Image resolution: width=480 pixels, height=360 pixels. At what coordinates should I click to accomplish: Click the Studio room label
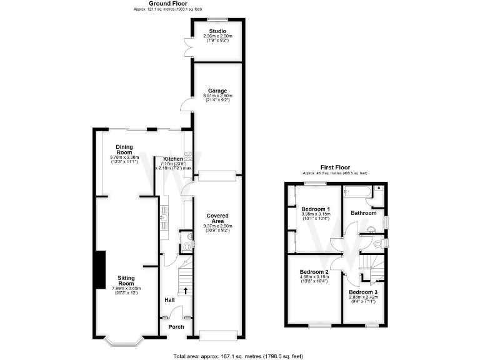(217, 31)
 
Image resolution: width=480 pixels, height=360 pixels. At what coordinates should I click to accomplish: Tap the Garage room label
(217, 91)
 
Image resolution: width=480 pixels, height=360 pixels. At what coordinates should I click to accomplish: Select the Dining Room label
(124, 149)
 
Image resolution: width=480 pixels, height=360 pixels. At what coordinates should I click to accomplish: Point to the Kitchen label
(173, 159)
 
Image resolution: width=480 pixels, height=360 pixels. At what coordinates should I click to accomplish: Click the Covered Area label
(217, 217)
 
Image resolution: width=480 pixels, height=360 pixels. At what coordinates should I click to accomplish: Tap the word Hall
(169, 301)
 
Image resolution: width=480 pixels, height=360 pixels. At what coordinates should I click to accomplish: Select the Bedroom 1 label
(316, 209)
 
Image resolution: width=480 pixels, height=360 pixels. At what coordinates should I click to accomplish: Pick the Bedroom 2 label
(314, 272)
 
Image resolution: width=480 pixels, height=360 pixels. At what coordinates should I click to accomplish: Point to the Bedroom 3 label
(363, 292)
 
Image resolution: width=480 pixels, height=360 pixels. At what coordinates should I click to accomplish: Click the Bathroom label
(364, 213)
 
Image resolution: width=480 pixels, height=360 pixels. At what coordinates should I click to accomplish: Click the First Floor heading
(334, 167)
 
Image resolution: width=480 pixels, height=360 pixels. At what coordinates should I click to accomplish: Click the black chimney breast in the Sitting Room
(99, 270)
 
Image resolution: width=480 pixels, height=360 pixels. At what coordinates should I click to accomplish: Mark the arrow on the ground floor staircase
(186, 291)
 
